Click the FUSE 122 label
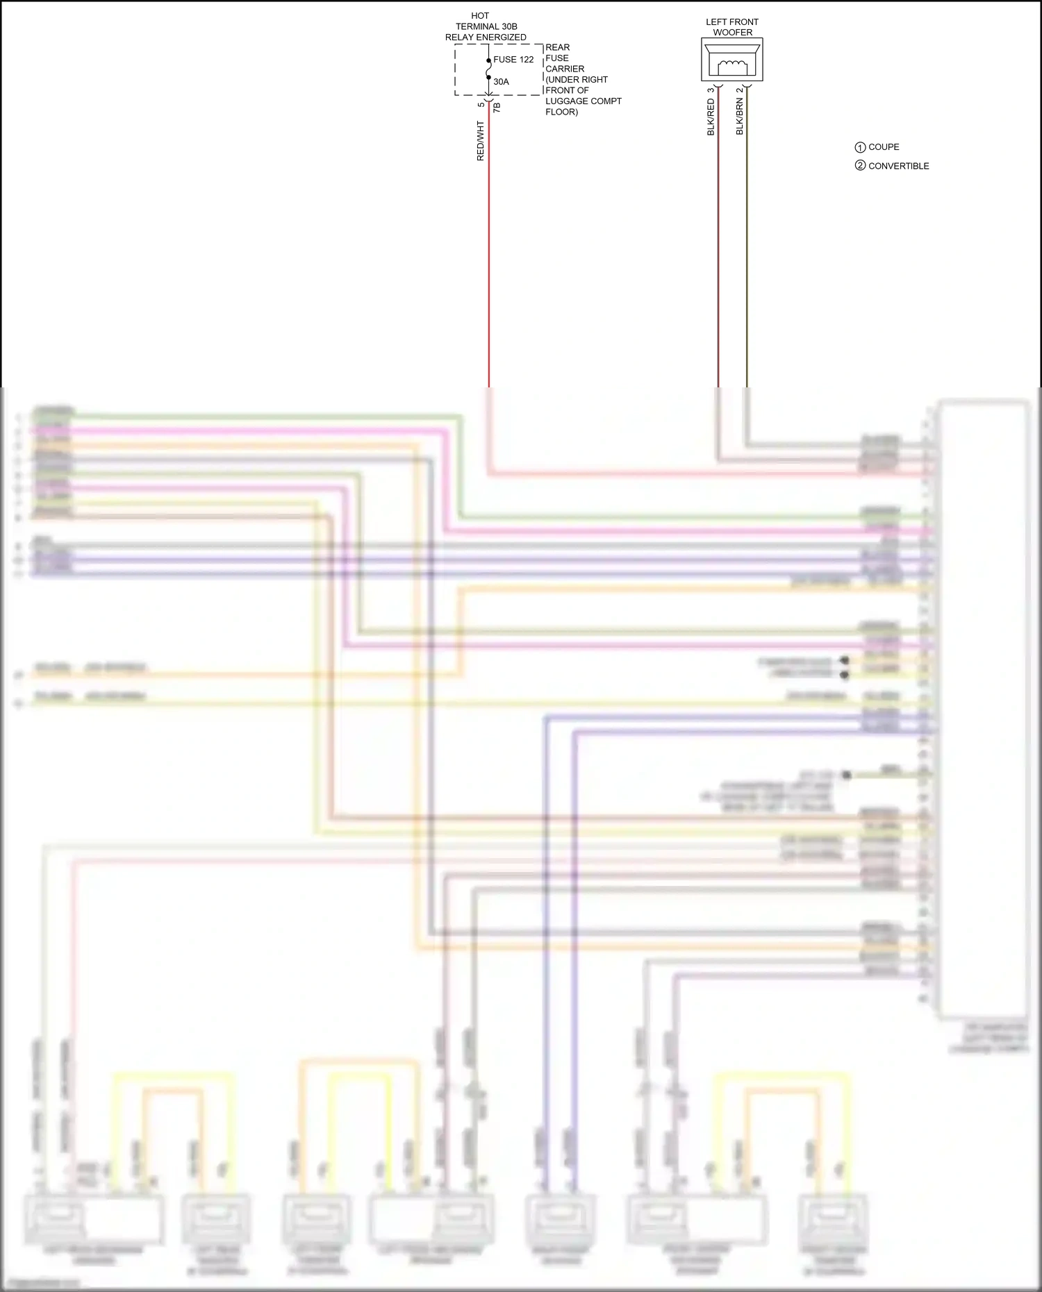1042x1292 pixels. coord(513,60)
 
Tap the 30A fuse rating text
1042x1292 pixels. coord(501,82)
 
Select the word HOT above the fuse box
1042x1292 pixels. coord(480,15)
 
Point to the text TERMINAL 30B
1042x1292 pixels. coord(486,26)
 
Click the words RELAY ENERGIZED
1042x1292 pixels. coord(486,37)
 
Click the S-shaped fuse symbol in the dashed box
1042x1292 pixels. coord(488,70)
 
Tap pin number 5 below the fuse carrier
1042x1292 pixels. coord(481,104)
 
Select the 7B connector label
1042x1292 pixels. coord(497,108)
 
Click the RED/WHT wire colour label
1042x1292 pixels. coord(480,141)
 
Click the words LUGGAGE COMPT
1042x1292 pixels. coord(584,101)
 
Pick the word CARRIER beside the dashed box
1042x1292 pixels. coord(565,69)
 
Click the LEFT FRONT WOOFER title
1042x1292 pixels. coord(732,27)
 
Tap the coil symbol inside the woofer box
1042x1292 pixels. coord(732,66)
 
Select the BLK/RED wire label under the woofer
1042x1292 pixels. coord(711,117)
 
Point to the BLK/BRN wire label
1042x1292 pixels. coord(740,116)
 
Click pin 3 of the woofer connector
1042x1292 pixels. coord(711,90)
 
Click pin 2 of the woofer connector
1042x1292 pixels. coord(740,90)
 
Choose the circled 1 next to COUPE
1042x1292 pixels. coord(860,147)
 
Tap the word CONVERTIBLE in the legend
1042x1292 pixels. coord(898,166)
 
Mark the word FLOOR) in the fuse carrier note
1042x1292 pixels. coord(561,112)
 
